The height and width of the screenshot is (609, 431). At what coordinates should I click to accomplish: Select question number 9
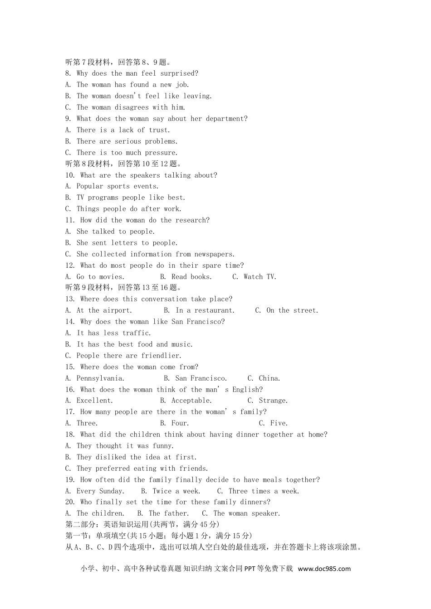[x=68, y=119]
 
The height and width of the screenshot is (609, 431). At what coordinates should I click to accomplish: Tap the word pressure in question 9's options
[x=161, y=153]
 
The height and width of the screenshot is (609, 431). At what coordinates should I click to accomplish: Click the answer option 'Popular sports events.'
[x=117, y=186]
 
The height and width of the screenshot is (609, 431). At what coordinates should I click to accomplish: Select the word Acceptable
[x=191, y=401]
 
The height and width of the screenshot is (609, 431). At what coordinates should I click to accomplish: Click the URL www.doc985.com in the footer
[x=324, y=569]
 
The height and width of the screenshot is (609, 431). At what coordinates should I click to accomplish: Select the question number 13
[x=70, y=299]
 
